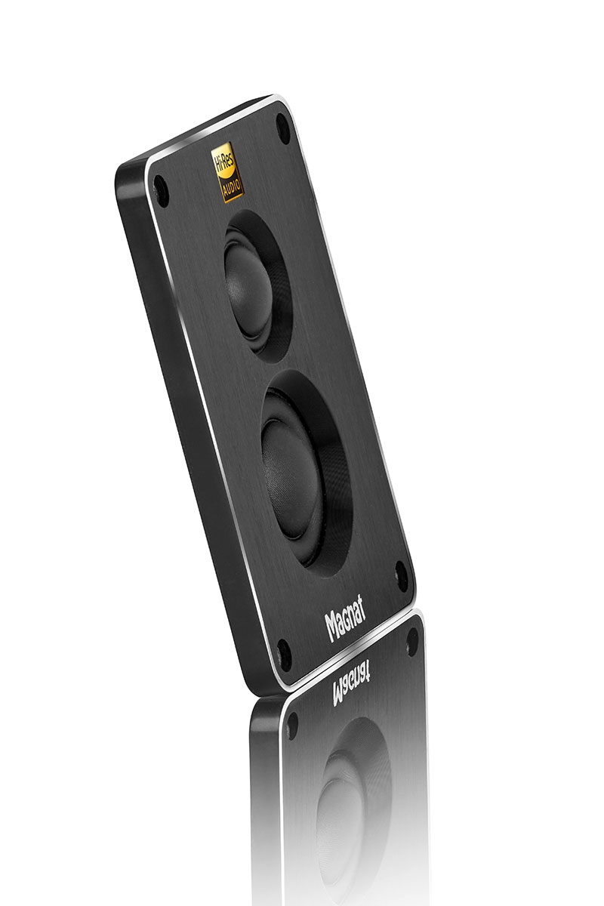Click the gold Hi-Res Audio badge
(x=228, y=171)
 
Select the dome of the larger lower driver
(x=292, y=479)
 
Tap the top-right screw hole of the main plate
(x=283, y=128)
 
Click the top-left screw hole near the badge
(x=161, y=191)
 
